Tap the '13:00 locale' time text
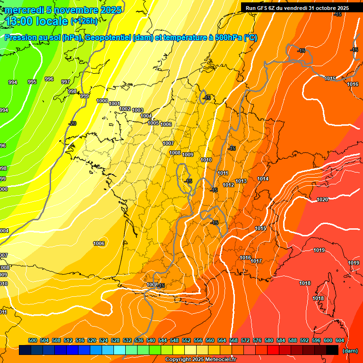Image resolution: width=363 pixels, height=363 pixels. [x=37, y=21]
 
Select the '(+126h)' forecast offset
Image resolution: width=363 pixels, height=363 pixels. [x=84, y=21]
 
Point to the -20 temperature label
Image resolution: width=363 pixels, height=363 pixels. [x=72, y=123]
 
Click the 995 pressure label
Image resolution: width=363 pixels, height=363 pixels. [x=32, y=82]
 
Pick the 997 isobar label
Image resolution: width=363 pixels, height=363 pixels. [x=66, y=82]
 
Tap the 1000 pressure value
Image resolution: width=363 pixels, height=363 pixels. [x=102, y=101]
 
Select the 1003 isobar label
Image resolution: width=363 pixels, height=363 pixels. [x=138, y=111]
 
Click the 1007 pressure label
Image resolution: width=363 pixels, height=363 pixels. [x=168, y=143]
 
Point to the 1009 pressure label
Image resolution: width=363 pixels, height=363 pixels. [x=188, y=155]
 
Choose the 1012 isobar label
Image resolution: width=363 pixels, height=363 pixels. [x=229, y=185]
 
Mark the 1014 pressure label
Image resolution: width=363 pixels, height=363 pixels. [x=263, y=179]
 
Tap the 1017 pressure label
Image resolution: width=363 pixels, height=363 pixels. [x=257, y=261]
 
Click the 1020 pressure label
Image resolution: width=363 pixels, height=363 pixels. [x=322, y=200]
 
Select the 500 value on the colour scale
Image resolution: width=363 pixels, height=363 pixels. [x=33, y=340]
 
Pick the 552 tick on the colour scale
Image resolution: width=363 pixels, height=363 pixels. [x=186, y=340]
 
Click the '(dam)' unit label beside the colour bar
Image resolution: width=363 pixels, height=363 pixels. [x=349, y=350]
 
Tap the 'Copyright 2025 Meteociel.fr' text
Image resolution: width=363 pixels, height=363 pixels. [x=200, y=360]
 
